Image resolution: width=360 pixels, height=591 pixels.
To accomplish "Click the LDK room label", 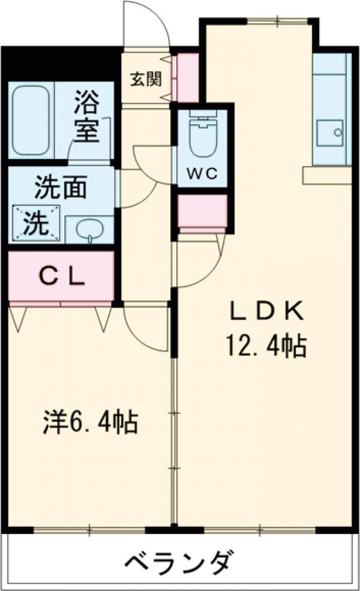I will (269, 311).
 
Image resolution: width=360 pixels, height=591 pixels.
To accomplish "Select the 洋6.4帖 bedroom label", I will (91, 422).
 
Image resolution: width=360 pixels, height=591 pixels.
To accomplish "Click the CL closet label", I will (61, 276).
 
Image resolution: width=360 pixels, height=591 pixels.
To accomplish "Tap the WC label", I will (202, 174).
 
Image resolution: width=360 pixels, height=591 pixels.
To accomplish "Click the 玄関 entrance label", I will (143, 79).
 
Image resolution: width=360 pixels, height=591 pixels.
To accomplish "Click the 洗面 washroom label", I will (60, 188).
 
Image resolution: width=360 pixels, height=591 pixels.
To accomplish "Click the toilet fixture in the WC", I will (202, 137).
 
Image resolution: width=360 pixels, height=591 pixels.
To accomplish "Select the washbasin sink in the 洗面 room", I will (90, 230).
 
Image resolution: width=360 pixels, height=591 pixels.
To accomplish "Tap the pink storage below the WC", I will (203, 212).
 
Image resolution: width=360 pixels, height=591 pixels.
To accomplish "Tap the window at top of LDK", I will (278, 21).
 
